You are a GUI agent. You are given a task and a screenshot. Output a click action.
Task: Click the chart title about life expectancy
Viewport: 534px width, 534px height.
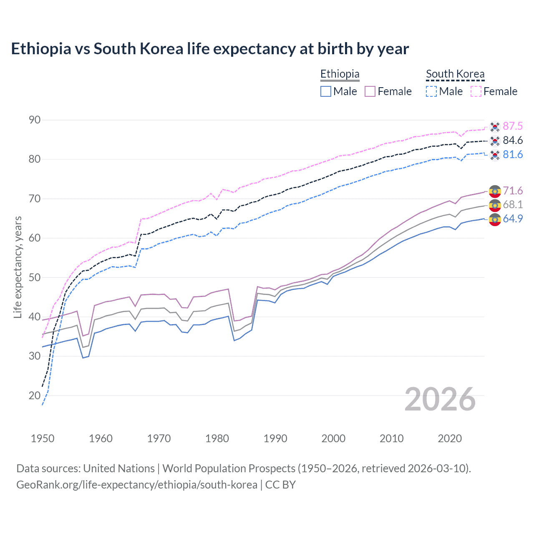pyautogui.click(x=210, y=49)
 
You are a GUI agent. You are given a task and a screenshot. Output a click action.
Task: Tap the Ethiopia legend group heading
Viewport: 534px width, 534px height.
pyautogui.click(x=340, y=74)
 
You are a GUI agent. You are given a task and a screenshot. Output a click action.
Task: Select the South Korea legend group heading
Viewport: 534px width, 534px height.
pyautogui.click(x=455, y=74)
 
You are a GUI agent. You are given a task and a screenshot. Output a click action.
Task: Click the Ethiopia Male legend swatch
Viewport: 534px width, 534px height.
pyautogui.click(x=326, y=91)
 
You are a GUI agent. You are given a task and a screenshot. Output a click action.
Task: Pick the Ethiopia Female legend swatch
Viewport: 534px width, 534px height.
pyautogui.click(x=370, y=91)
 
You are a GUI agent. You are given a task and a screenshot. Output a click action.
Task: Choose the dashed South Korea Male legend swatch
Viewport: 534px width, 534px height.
pyautogui.click(x=431, y=91)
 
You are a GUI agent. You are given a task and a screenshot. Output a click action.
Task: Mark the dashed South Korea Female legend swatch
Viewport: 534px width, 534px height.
pyautogui.click(x=476, y=91)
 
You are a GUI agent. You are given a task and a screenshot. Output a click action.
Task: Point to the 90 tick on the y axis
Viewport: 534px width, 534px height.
pyautogui.click(x=35, y=120)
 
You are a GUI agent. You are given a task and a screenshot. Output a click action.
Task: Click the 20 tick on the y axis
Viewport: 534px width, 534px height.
pyautogui.click(x=35, y=395)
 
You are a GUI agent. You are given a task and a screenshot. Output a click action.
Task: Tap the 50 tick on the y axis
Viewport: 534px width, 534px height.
pyautogui.click(x=35, y=277)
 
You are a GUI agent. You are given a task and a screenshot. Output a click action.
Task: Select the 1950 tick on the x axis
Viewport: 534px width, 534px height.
pyautogui.click(x=43, y=438)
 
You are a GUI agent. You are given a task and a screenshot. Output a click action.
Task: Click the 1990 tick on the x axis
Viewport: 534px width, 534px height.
pyautogui.click(x=275, y=438)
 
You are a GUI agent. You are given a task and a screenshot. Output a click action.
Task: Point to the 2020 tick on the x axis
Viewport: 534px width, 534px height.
pyautogui.click(x=450, y=438)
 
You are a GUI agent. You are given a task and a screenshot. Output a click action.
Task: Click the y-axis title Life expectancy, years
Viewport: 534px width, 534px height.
pyautogui.click(x=18, y=267)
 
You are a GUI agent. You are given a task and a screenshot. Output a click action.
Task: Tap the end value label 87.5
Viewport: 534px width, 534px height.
pyautogui.click(x=513, y=126)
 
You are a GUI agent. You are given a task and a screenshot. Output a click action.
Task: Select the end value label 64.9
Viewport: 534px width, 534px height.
pyautogui.click(x=513, y=219)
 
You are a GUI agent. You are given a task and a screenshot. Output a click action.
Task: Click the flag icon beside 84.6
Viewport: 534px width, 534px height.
pyautogui.click(x=495, y=141)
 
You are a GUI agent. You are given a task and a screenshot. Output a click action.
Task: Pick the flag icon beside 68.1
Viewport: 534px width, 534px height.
pyautogui.click(x=495, y=205)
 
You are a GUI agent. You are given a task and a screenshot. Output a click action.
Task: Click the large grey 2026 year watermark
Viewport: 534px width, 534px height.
pyautogui.click(x=440, y=399)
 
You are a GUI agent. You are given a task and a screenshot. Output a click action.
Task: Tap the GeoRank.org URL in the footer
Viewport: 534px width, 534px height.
pyautogui.click(x=137, y=485)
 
